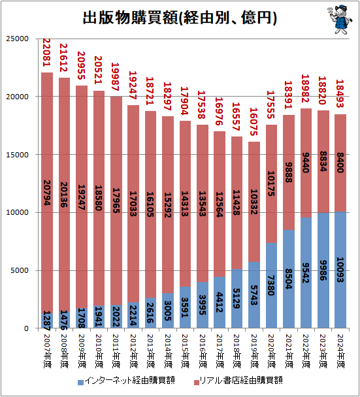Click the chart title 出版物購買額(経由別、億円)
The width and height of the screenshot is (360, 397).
[180, 18]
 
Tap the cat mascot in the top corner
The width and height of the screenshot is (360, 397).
[340, 20]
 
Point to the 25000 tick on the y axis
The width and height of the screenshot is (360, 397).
[18, 39]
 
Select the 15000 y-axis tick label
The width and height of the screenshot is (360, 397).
[18, 155]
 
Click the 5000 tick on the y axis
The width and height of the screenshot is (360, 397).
[20, 270]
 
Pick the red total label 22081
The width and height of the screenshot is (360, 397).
[46, 52]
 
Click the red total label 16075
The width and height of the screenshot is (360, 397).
[254, 121]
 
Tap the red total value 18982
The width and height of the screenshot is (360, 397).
[306, 88]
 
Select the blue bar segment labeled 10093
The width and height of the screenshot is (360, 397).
[340, 270]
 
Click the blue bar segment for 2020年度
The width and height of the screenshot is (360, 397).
[271, 285]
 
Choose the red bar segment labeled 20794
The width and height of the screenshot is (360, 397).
[47, 193]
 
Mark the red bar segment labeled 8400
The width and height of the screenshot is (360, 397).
[340, 163]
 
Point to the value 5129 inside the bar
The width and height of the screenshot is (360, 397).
[237, 298]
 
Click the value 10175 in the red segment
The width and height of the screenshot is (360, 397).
[271, 183]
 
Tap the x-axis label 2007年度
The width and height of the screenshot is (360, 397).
[47, 351]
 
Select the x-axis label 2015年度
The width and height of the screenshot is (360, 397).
[186, 351]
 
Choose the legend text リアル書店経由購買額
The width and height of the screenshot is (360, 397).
[240, 380]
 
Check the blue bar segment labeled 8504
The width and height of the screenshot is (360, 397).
[289, 279]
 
